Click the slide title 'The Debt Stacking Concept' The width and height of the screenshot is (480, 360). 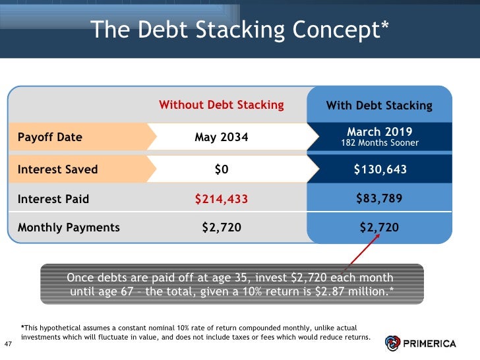239,30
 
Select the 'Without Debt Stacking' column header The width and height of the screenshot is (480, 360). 222,105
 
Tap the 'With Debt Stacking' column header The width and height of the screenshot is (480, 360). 379,105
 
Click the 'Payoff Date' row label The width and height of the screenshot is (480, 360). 50,137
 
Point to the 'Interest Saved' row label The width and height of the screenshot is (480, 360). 57,169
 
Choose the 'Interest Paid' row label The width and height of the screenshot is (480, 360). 53,198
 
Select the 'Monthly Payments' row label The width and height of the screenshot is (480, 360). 69,227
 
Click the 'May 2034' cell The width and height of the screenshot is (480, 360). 222,137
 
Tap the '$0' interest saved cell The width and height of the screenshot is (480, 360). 222,169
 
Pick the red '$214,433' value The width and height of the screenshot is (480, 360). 222,198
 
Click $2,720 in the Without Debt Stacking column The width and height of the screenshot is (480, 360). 222,227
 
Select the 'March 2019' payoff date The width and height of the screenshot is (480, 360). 379,132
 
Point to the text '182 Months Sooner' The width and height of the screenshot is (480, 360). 379,143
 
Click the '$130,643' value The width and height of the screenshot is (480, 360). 379,169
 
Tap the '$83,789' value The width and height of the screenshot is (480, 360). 379,198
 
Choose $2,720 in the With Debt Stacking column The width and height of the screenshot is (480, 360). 379,227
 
